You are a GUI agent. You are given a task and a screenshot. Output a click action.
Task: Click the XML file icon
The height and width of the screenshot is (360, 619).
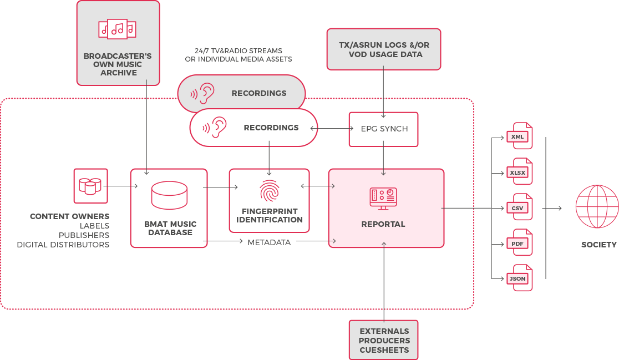pos(521,136)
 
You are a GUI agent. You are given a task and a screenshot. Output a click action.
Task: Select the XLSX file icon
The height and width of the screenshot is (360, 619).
pos(521,171)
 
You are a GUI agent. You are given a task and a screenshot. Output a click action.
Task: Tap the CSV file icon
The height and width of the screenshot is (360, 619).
pos(521,207)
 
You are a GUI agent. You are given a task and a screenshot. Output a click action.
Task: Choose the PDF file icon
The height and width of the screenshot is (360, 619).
pos(521,243)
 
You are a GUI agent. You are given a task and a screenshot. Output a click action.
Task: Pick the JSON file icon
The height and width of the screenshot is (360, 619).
pos(521,278)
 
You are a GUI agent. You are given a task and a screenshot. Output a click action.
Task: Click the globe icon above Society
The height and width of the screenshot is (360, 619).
pos(597,206)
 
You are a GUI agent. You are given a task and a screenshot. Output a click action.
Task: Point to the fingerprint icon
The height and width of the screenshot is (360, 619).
pos(270,190)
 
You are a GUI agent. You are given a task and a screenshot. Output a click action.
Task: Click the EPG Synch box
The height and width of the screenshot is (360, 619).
pos(384,129)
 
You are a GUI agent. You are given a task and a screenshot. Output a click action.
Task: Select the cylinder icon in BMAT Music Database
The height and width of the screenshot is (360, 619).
pos(169,195)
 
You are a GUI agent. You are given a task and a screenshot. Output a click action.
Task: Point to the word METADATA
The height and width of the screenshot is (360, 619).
pos(269,242)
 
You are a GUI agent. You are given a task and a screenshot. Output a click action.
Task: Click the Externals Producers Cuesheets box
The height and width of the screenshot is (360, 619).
pos(384,340)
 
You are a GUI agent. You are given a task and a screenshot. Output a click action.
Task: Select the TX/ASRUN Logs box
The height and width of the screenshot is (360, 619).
pos(384,49)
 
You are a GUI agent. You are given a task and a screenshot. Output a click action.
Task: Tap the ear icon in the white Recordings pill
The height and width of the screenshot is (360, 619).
pos(217,128)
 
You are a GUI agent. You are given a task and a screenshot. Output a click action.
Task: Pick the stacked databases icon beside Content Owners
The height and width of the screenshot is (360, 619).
pos(90,185)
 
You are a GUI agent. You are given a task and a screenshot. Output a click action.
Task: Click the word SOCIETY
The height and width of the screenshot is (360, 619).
pos(598,245)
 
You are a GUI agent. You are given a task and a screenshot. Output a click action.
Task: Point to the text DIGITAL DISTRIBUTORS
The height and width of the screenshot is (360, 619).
pos(63,245)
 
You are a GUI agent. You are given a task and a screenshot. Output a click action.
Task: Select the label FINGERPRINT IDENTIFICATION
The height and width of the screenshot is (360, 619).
pos(270,215)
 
